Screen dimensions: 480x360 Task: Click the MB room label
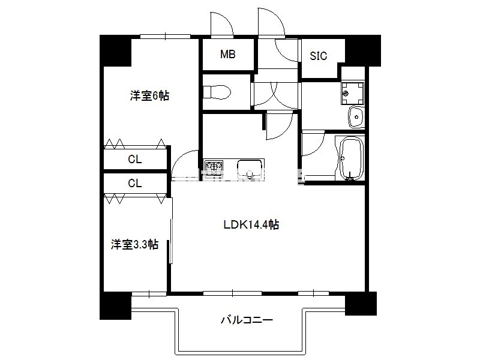coord(228,55)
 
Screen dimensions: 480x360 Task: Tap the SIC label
coord(319,56)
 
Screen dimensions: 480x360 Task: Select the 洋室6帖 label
coord(149,96)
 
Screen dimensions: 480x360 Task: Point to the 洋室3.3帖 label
coord(134,245)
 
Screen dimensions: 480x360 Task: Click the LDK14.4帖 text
coord(251,224)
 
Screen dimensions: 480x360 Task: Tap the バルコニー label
coord(247,320)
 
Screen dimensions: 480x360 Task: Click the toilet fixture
coord(217,92)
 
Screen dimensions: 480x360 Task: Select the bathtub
coord(352,158)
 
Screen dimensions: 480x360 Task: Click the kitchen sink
coord(250,169)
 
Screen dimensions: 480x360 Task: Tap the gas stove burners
coord(214,167)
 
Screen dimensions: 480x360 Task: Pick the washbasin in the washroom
coord(356,116)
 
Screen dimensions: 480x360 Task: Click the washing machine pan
coord(353,93)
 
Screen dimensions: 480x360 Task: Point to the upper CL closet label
coord(134,159)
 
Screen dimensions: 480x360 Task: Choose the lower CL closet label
coord(134,184)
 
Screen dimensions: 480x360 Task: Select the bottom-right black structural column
coord(361,304)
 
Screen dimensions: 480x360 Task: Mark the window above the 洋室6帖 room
coord(166,37)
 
